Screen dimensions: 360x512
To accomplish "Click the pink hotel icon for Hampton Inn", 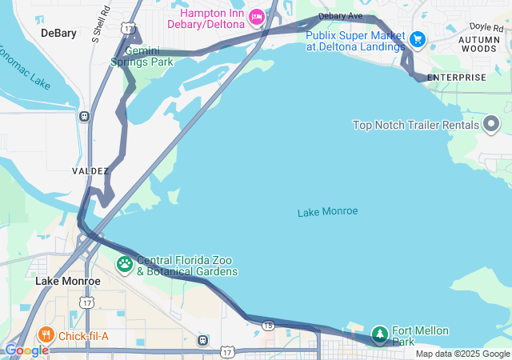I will click(256, 16).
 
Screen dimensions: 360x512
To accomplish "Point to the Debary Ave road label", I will click(340, 16).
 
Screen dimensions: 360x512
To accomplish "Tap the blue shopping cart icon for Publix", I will click(417, 38).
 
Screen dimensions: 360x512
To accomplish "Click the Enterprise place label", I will click(456, 78).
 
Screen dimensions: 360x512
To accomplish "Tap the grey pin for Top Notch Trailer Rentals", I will click(491, 124).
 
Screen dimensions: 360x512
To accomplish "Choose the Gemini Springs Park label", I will click(142, 55).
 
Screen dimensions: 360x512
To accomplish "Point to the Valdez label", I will click(90, 171).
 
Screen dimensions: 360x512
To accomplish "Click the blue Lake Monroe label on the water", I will click(327, 211).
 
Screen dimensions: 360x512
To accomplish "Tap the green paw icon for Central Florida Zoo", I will click(126, 263).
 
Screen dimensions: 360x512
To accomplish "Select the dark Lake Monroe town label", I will click(68, 282).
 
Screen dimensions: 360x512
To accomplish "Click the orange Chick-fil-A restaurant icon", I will click(46, 335).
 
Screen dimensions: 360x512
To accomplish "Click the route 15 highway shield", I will click(268, 325).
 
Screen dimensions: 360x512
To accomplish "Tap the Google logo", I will click(26, 350).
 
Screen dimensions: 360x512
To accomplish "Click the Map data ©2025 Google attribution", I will click(462, 354).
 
